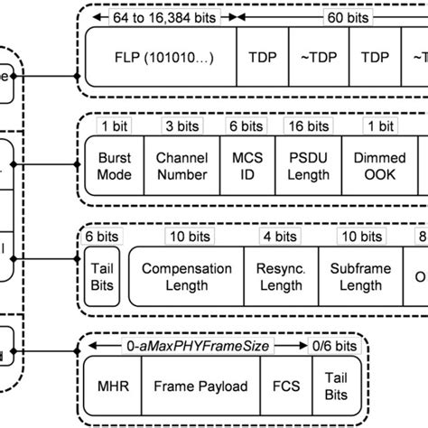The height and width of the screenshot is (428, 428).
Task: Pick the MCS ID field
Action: click(x=241, y=165)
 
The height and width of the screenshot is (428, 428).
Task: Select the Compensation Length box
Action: click(x=187, y=277)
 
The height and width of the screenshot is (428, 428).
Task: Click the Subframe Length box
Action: click(x=354, y=277)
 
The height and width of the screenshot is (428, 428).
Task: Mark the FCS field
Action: click(x=281, y=386)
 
